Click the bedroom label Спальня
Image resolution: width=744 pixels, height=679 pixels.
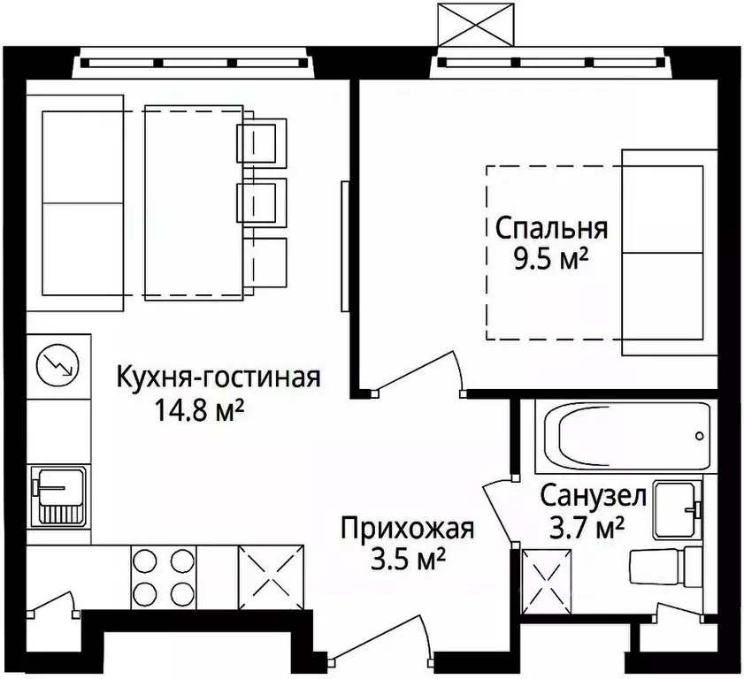coord(550,228)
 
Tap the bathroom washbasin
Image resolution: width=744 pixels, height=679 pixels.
coord(678,510)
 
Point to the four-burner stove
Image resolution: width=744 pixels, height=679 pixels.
coord(163,576)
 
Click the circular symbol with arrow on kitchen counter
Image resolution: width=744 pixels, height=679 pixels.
coord(58,363)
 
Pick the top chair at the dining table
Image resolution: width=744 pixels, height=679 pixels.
coord(261,141)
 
